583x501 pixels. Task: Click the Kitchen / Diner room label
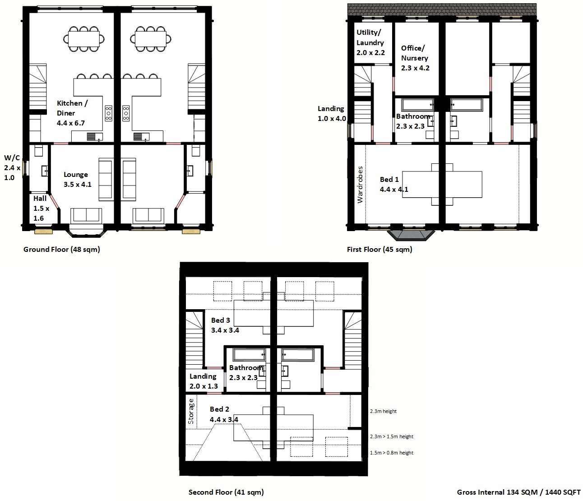[72, 113]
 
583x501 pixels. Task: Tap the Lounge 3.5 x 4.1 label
[78, 180]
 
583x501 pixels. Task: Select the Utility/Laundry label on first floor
[370, 42]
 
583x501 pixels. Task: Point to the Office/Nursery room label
[415, 58]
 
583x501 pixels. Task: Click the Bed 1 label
[394, 184]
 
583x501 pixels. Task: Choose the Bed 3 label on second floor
[225, 325]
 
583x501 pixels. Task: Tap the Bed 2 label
[224, 414]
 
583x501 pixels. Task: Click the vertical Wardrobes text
[360, 185]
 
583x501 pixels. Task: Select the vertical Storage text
[191, 411]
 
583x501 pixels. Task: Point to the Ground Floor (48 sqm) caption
[61, 249]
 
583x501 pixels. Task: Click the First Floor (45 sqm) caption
[379, 249]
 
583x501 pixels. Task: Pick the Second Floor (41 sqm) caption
[226, 492]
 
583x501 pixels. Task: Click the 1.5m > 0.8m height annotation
[392, 453]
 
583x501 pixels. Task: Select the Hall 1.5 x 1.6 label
[41, 208]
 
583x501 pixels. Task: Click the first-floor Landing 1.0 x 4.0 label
[332, 113]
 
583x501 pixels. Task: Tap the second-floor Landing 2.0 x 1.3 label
[204, 381]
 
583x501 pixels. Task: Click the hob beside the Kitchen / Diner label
[109, 113]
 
